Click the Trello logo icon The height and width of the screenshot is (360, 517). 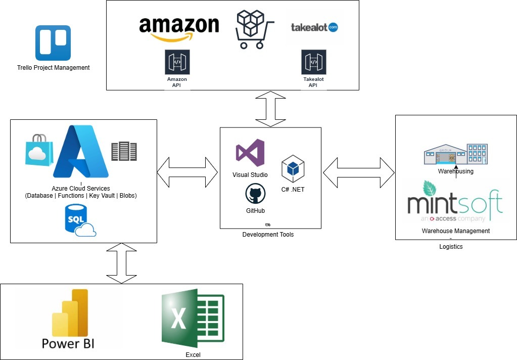(x=53, y=43)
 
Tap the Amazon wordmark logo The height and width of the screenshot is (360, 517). (x=179, y=29)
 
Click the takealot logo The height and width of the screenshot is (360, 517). (x=314, y=27)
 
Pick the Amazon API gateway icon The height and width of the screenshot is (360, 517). (x=177, y=62)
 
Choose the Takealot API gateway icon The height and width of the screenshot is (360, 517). (x=313, y=62)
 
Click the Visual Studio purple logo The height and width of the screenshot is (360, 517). (x=250, y=154)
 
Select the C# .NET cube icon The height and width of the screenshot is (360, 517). (x=293, y=169)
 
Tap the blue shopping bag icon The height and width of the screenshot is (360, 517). (x=39, y=150)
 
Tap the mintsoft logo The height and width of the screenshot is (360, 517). (x=455, y=202)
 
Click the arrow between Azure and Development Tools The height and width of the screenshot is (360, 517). (x=188, y=171)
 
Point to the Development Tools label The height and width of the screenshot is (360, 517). (x=268, y=235)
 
